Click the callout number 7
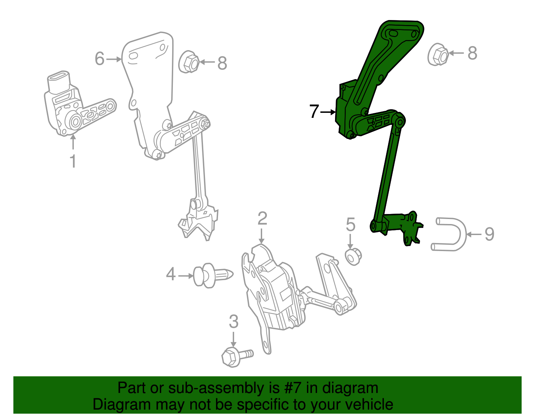[314, 112]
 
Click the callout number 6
[99, 59]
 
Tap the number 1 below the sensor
[73, 161]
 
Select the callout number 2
[262, 219]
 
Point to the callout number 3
[233, 322]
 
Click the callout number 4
[171, 274]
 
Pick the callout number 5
[350, 224]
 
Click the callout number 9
[489, 234]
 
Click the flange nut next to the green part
[438, 55]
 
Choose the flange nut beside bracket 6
[189, 62]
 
